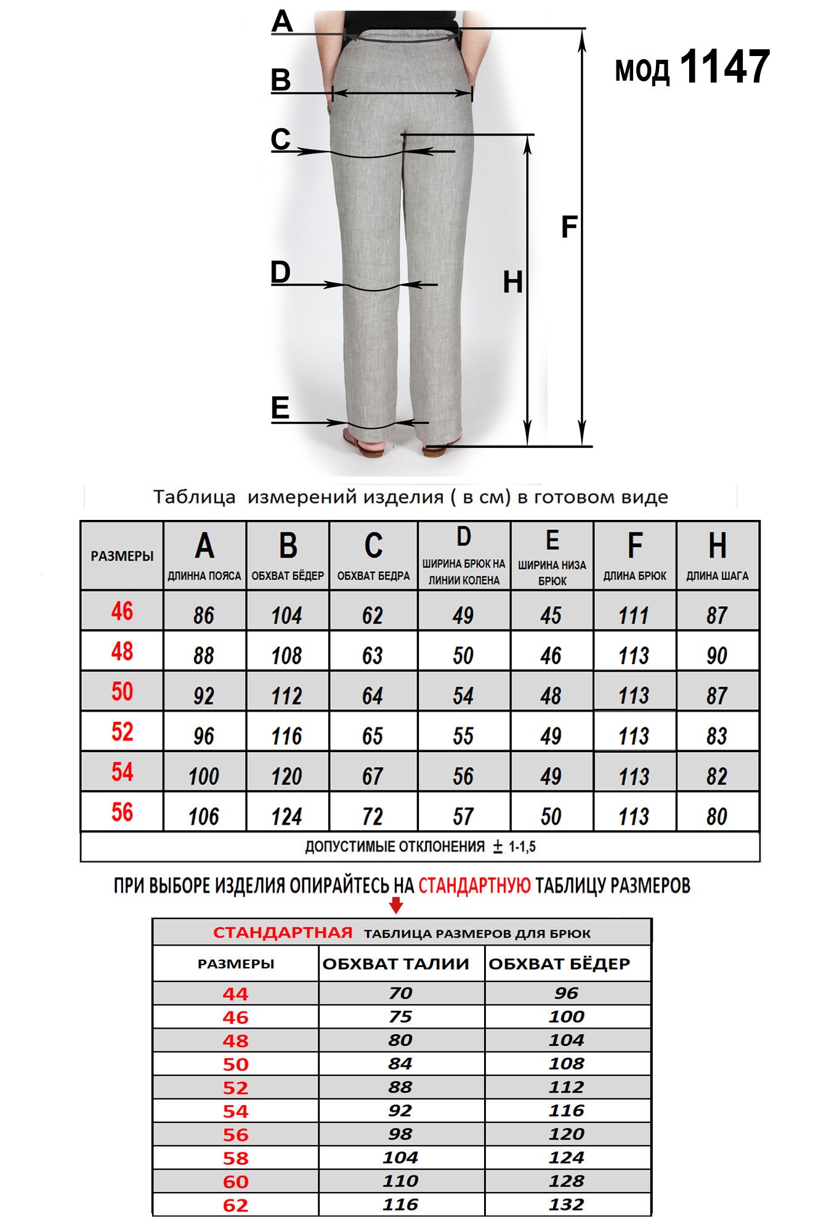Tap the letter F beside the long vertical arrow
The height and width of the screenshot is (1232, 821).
pyautogui.click(x=569, y=227)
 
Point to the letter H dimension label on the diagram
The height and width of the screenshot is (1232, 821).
pyautogui.click(x=512, y=282)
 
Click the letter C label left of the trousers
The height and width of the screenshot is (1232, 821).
pyautogui.click(x=281, y=139)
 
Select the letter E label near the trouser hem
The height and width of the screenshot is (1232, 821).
pyautogui.click(x=280, y=408)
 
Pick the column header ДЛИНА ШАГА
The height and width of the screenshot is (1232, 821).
pyautogui.click(x=718, y=576)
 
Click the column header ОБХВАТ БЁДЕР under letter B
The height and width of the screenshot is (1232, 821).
pyautogui.click(x=288, y=576)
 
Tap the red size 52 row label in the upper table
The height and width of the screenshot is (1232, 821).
pyautogui.click(x=122, y=732)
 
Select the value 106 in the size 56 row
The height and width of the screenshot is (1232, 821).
pyautogui.click(x=204, y=816)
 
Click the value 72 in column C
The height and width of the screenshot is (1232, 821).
pyautogui.click(x=373, y=816)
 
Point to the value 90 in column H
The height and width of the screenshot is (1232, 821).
pyautogui.click(x=717, y=655)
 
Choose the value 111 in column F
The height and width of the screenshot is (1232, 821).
pyautogui.click(x=634, y=615)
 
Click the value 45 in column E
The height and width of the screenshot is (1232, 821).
pyautogui.click(x=551, y=615)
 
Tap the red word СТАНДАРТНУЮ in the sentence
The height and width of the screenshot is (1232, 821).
pyautogui.click(x=474, y=886)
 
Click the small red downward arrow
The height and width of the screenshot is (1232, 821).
pyautogui.click(x=396, y=905)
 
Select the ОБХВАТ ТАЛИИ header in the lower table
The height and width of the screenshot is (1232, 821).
pyautogui.click(x=395, y=964)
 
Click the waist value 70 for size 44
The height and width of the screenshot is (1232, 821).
pyautogui.click(x=400, y=993)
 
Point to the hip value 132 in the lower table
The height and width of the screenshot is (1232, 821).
pyautogui.click(x=567, y=1204)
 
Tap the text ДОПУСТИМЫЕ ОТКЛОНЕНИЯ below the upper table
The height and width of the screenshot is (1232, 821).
pyautogui.click(x=395, y=846)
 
